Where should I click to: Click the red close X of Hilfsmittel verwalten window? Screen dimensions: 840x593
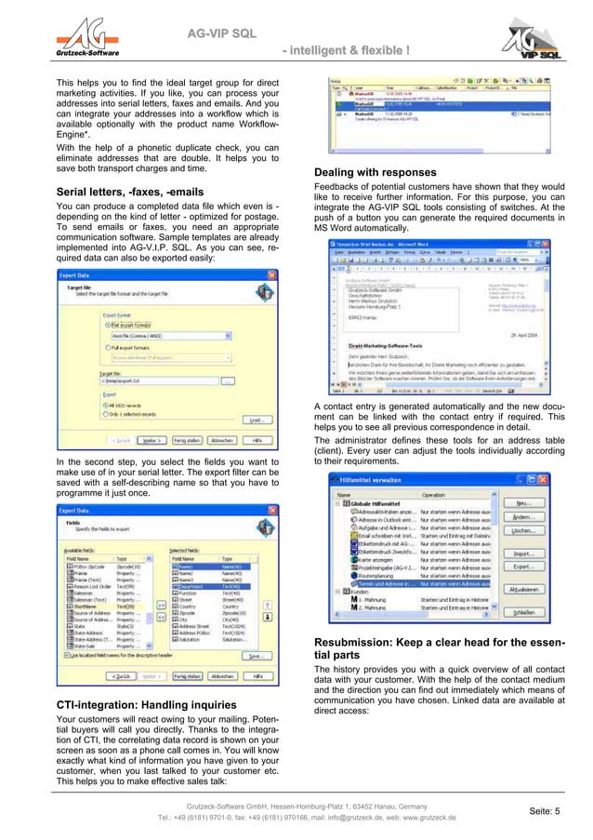[543, 480]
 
